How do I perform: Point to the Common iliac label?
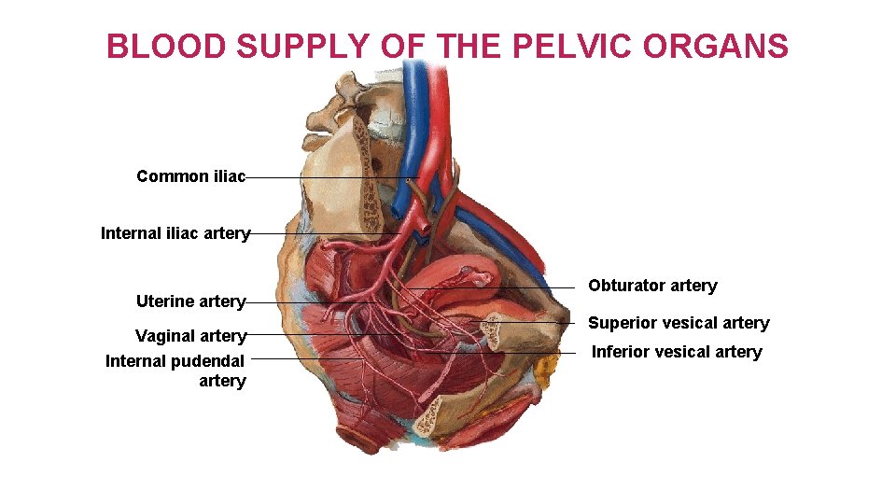[190, 176]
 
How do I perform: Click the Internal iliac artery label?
[175, 233]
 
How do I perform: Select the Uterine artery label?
[190, 301]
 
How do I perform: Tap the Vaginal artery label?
[190, 336]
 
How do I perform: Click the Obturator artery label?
[652, 286]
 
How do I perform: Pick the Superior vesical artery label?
[679, 323]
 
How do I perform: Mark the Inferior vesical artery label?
[677, 352]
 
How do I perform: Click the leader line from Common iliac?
[327, 177]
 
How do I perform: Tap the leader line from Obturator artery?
[504, 288]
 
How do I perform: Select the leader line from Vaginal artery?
[317, 334]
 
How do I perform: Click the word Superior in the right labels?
[619, 323]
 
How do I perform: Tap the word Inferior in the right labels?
[619, 352]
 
